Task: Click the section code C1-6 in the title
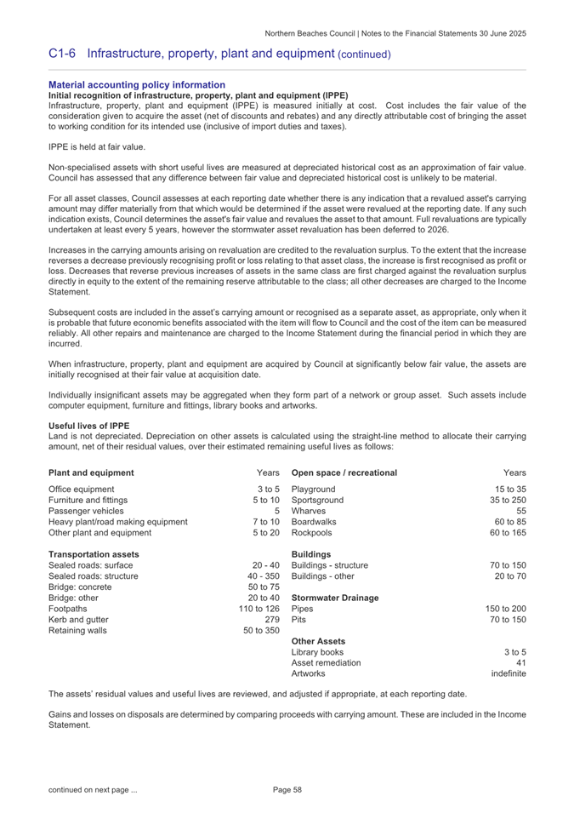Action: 64,53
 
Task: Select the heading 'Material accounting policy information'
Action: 137,85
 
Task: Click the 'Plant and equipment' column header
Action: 92,472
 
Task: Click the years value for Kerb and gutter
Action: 272,595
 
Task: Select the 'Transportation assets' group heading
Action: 94,555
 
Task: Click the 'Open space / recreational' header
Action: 344,472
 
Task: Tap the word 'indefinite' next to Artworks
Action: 509,650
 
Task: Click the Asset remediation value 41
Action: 520,638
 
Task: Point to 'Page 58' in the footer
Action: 287,792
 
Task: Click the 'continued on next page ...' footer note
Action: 94,792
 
